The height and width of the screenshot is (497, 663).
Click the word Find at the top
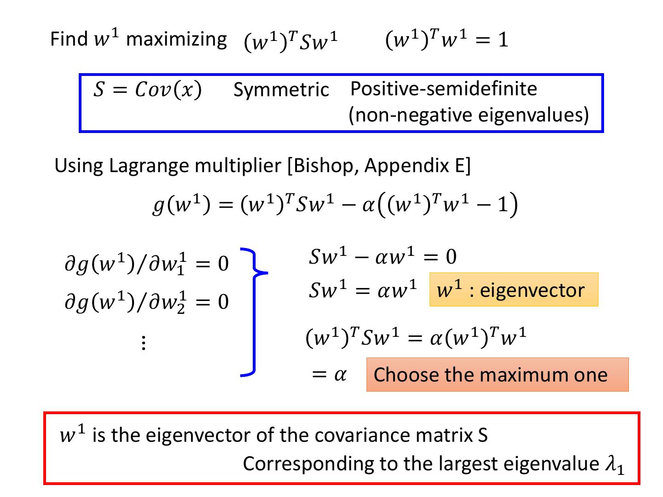point(69,39)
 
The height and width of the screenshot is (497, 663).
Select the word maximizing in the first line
point(176,40)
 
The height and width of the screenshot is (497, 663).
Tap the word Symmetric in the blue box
point(281,89)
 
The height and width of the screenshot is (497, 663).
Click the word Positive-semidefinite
point(443,88)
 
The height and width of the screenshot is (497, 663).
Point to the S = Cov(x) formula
point(147,90)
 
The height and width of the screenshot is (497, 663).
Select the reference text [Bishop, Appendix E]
point(379,166)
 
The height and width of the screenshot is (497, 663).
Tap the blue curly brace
point(254,312)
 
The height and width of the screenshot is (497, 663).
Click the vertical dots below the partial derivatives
point(144,343)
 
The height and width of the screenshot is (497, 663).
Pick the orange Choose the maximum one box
point(497,375)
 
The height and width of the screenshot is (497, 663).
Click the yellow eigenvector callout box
point(513,290)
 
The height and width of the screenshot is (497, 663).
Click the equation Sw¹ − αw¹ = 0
point(382,257)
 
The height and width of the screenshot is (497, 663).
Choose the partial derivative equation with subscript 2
point(146,302)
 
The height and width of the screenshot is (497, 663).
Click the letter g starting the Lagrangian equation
point(159,206)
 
